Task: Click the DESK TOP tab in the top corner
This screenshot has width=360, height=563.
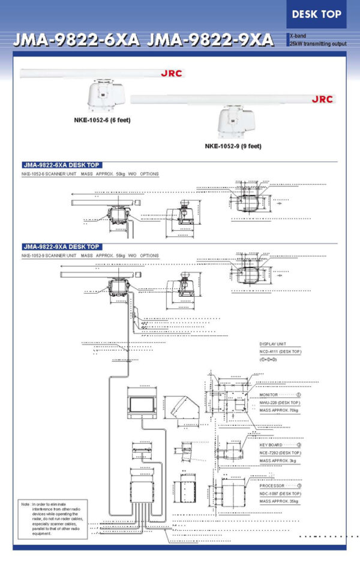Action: (317, 14)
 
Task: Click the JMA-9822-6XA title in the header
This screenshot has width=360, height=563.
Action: (76, 40)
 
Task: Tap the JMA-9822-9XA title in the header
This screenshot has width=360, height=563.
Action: (210, 40)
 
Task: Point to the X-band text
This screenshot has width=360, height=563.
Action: (298, 36)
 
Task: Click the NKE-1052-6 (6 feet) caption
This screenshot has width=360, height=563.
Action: (103, 120)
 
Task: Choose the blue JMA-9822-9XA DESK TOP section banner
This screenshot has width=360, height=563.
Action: (61, 246)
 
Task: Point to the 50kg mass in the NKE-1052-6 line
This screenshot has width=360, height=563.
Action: (120, 174)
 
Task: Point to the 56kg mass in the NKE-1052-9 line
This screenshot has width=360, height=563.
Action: (120, 255)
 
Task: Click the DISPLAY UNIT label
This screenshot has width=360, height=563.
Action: (273, 344)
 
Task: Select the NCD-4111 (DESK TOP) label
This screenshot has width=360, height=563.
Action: (280, 351)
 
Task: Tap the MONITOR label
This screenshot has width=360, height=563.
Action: (269, 395)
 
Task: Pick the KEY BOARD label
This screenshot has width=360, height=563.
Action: (271, 445)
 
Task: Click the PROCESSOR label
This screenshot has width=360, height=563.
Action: (272, 485)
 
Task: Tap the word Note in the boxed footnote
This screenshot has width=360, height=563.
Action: (26, 505)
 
